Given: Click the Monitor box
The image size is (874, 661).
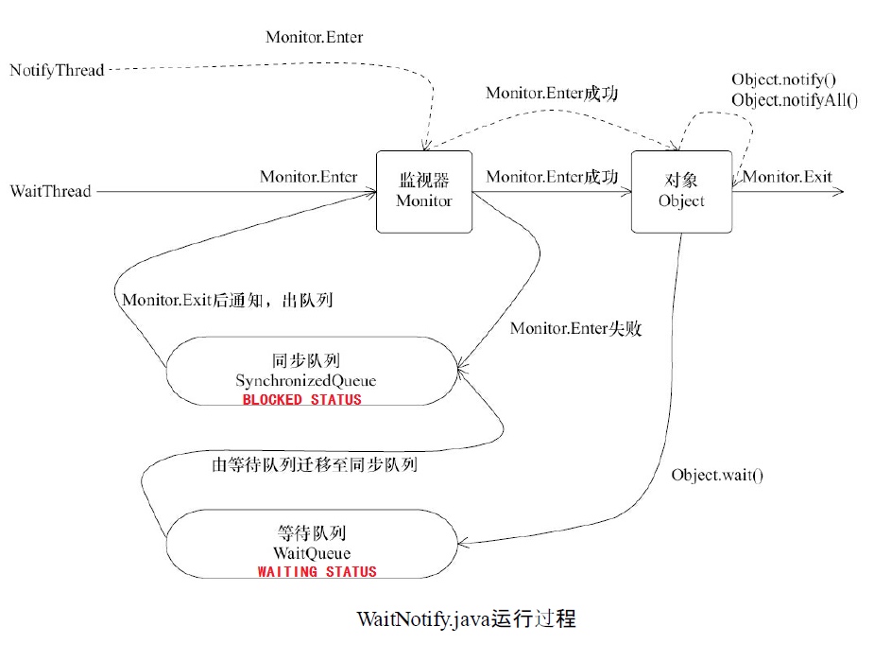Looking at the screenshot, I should click(x=424, y=191).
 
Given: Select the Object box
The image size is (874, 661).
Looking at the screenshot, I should click(x=680, y=191).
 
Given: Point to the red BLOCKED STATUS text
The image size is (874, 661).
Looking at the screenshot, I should click(x=301, y=400).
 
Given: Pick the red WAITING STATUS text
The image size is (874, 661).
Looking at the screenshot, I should click(x=317, y=572).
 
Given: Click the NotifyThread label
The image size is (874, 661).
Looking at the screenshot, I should click(x=57, y=71).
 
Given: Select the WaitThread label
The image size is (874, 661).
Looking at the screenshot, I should click(x=51, y=191).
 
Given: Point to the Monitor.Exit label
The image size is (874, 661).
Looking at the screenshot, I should click(x=787, y=177).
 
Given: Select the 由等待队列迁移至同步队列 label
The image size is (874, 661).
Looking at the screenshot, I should click(x=316, y=465).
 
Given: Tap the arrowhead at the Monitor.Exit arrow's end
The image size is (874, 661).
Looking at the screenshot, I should click(x=837, y=191).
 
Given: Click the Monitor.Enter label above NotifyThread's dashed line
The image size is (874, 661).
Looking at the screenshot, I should click(x=314, y=38).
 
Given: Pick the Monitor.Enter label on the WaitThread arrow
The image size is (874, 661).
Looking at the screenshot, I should click(x=308, y=177).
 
